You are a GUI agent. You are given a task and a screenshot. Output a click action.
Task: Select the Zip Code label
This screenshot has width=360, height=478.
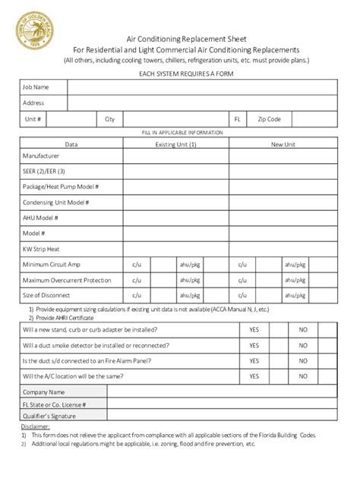(270, 119)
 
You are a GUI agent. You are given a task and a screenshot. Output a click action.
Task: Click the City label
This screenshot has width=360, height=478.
(109, 119)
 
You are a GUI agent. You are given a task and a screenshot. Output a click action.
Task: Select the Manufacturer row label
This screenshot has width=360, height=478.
(41, 156)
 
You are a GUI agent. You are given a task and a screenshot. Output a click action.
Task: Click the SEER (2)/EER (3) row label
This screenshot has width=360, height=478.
(44, 171)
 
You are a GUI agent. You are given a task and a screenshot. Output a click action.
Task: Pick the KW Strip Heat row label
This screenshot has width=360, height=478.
(42, 248)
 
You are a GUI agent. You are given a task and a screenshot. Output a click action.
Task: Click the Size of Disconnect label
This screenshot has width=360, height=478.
(46, 294)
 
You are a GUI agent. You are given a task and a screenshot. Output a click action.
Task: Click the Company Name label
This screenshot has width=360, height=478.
(44, 392)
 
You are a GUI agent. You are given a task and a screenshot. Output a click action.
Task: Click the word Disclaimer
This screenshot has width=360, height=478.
(34, 426)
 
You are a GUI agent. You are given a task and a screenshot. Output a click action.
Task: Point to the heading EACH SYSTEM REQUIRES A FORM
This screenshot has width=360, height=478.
(180, 73)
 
